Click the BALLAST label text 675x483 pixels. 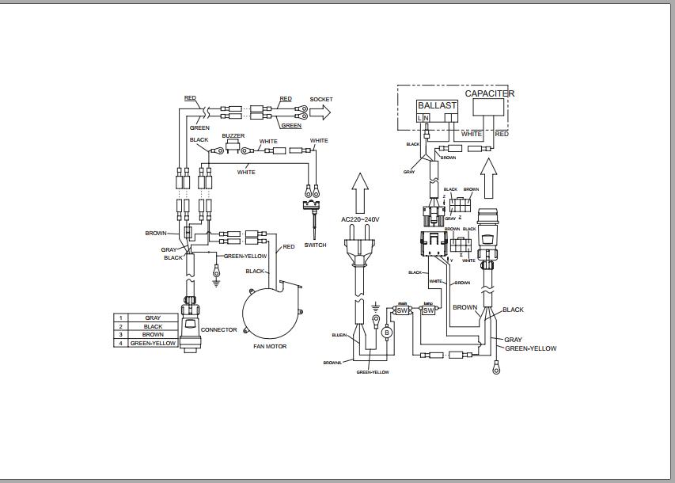tap(437, 105)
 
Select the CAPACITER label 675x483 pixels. tap(489, 93)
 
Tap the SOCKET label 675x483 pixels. tap(321, 100)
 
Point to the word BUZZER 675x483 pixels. tap(233, 136)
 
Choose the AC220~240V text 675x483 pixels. tap(360, 219)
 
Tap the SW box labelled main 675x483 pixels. tap(402, 310)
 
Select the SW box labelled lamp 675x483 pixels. tap(428, 310)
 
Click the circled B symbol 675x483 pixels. tap(387, 333)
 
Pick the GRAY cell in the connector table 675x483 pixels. tap(153, 318)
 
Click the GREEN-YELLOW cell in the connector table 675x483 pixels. tap(153, 344)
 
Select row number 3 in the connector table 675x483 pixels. tap(121, 335)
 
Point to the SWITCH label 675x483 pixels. tap(315, 245)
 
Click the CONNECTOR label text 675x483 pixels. tap(218, 330)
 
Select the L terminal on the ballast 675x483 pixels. tap(419, 118)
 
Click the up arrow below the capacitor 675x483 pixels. tap(488, 174)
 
